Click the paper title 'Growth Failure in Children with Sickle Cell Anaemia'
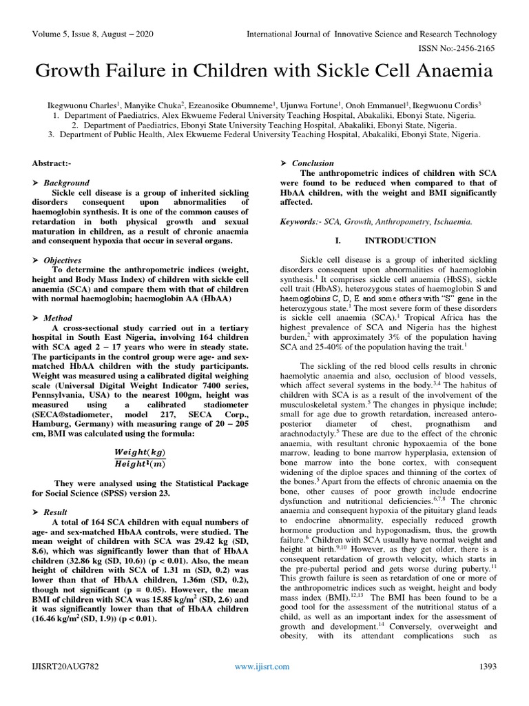264,71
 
